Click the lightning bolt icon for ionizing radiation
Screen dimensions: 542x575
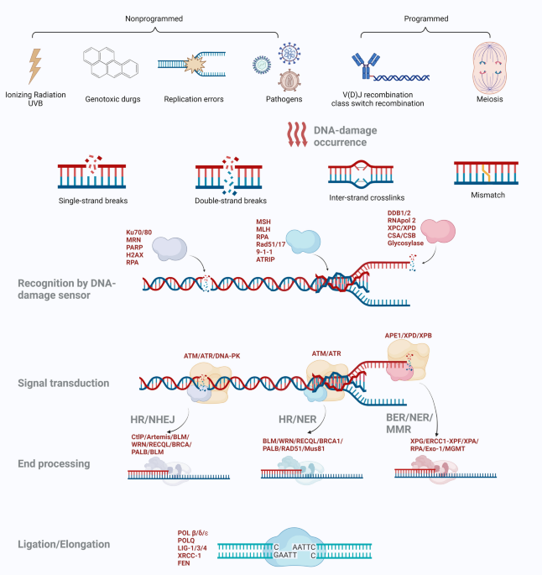[x=35, y=66]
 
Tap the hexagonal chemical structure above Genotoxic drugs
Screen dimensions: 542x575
[x=111, y=62]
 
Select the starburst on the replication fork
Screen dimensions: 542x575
[x=194, y=64]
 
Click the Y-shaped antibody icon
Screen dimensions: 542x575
[x=365, y=65]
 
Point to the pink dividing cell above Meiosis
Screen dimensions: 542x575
[x=490, y=68]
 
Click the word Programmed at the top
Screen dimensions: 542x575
[x=426, y=18]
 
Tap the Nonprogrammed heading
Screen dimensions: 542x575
[x=154, y=18]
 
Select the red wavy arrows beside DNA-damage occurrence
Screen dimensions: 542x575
[x=297, y=134]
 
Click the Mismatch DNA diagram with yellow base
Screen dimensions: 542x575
[x=487, y=173]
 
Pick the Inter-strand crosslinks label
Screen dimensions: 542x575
[x=367, y=197]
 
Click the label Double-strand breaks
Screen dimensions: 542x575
[x=231, y=201]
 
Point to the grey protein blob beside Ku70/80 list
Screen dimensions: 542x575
[x=169, y=248]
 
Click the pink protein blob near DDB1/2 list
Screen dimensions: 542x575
[x=438, y=231]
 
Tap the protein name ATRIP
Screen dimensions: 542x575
[x=265, y=259]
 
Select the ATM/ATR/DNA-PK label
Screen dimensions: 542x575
[x=211, y=356]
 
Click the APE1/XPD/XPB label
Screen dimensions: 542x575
[x=409, y=336]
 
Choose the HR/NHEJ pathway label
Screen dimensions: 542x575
[x=153, y=420]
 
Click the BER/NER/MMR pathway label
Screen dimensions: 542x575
[x=409, y=423]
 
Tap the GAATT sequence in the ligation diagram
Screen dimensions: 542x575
[x=285, y=555]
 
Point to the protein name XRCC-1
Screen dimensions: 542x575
[x=189, y=556]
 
